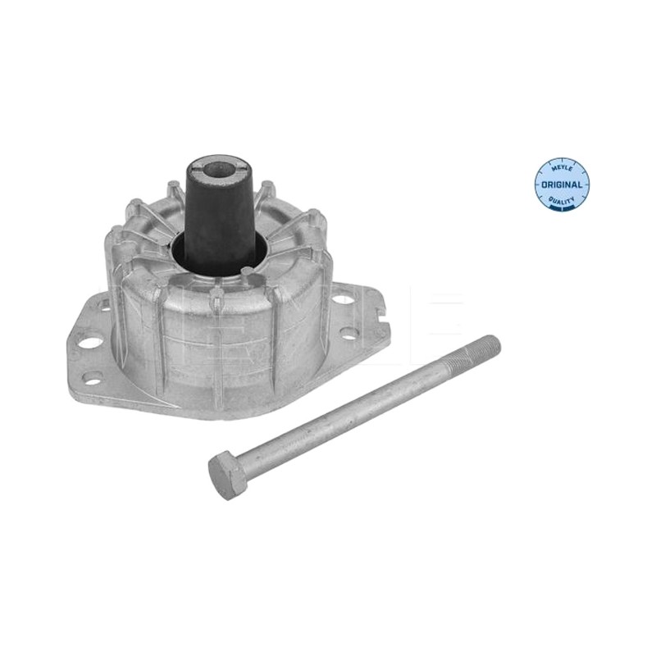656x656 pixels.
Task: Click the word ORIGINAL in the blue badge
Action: tap(562, 184)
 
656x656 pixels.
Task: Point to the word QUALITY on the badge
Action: tap(561, 201)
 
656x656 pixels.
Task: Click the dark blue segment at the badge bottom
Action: tap(562, 210)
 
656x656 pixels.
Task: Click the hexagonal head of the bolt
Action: tap(227, 476)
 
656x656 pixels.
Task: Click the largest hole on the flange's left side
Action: tap(92, 342)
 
